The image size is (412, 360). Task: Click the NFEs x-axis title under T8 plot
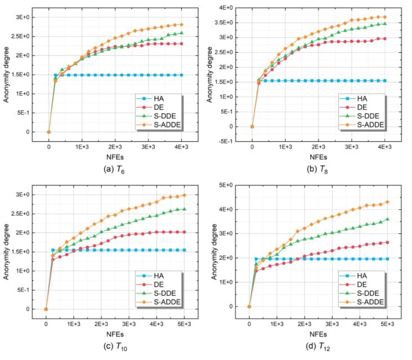click(x=318, y=157)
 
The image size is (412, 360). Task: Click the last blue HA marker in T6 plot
click(x=181, y=75)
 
